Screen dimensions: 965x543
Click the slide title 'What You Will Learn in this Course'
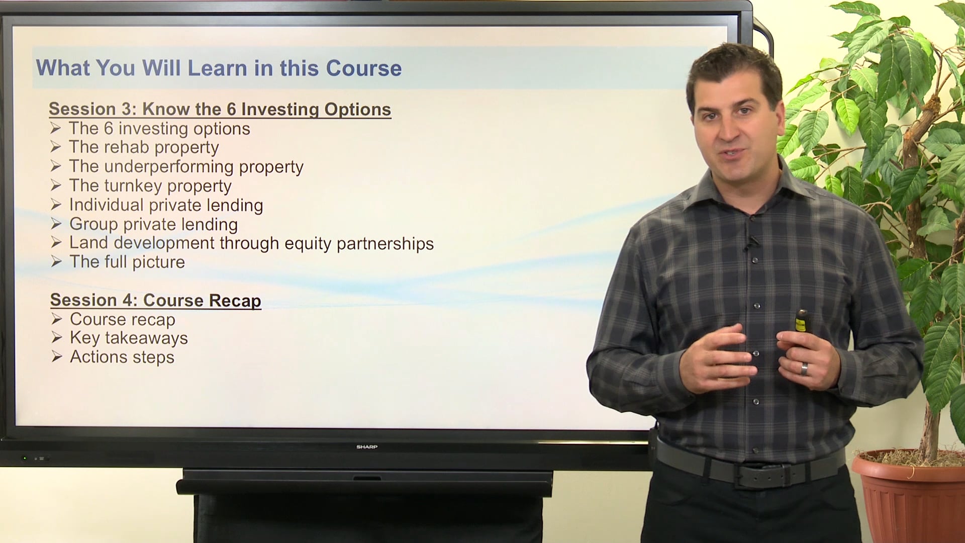(x=219, y=68)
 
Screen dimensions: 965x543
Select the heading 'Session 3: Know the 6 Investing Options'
(x=220, y=109)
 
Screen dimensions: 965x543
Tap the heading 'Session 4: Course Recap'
(x=155, y=300)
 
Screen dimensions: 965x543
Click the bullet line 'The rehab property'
(x=144, y=147)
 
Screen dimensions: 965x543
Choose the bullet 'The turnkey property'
(x=150, y=186)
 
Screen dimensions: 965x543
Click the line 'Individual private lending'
(x=166, y=205)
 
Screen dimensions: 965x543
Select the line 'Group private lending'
(x=153, y=224)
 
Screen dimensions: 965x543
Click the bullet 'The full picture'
(x=127, y=262)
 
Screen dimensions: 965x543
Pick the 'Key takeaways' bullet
(x=129, y=338)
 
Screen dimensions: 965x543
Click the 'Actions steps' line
(x=122, y=357)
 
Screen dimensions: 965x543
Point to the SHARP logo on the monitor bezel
(x=367, y=446)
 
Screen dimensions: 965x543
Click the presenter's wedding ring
(x=804, y=369)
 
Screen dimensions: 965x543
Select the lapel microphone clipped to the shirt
(x=750, y=244)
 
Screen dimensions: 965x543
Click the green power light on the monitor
(x=24, y=459)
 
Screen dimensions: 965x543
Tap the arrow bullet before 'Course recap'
(x=56, y=319)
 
